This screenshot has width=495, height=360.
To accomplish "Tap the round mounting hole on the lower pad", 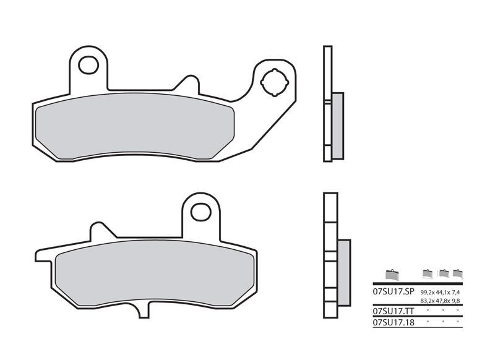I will [200, 212].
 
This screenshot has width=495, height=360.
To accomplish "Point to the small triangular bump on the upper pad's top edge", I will [185, 84].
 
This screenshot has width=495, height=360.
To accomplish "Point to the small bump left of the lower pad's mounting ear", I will [101, 230].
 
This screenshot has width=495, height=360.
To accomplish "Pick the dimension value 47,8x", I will [443, 301].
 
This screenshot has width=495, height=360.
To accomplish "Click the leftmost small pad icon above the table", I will [390, 274].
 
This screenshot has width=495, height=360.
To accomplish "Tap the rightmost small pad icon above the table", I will [457, 273].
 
